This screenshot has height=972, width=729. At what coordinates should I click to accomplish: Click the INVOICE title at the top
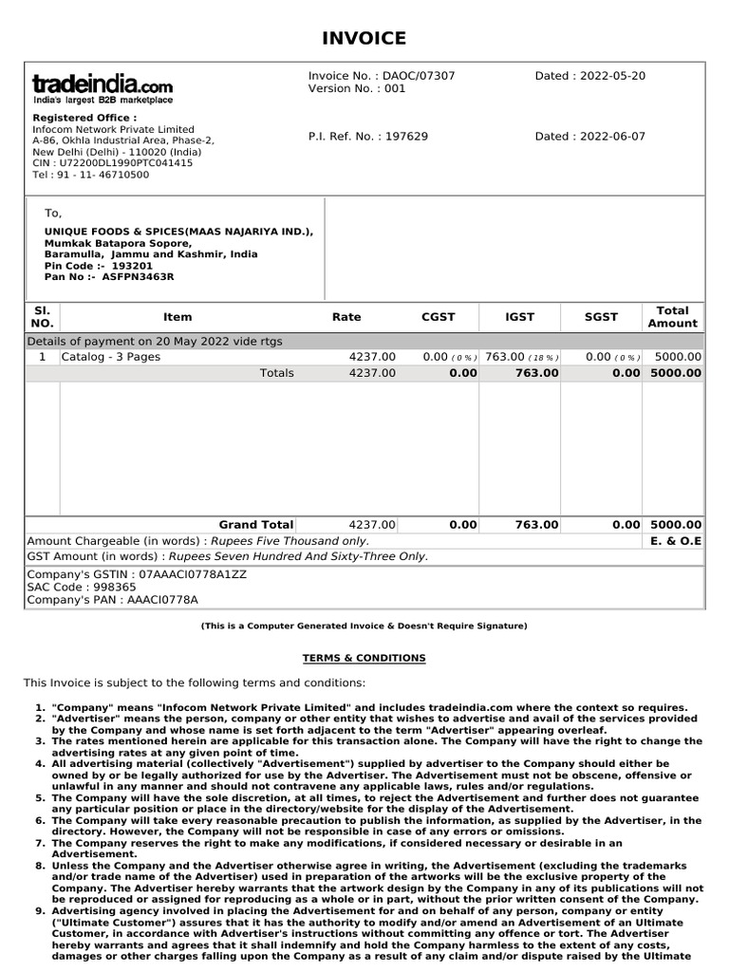364,38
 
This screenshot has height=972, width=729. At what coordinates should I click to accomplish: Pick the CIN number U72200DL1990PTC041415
112,163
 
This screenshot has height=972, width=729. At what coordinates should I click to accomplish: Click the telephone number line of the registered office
90,175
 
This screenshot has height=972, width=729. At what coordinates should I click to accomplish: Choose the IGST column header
519,317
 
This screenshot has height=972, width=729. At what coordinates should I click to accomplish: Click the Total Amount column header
672,317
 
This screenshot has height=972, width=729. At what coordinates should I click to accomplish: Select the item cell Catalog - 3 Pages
111,357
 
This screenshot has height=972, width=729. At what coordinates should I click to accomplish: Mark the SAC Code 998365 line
82,588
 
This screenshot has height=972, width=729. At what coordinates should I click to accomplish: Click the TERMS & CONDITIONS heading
364,658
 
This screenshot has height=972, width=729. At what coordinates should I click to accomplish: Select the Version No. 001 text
356,89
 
